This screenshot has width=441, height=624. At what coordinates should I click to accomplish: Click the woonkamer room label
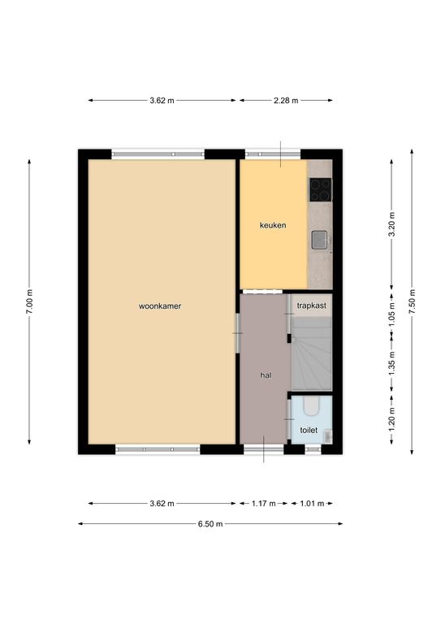160,306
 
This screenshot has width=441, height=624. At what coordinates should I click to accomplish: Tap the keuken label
273,225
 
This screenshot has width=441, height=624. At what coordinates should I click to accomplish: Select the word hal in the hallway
266,375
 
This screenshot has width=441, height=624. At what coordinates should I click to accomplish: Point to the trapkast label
311,305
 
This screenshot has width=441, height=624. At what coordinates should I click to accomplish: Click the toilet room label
309,430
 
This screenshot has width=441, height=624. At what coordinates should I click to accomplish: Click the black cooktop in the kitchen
321,190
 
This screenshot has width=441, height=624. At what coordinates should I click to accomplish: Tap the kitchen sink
319,240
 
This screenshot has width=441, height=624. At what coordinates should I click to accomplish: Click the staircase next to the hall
312,353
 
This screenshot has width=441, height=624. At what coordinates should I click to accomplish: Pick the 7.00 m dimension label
29,301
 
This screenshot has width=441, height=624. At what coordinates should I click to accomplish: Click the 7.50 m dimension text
412,301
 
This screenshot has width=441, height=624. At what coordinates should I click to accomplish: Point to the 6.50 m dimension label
210,524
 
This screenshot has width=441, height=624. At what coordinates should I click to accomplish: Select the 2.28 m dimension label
286,101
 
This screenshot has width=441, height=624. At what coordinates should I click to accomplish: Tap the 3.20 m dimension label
391,224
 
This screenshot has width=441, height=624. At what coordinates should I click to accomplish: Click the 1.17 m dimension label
264,504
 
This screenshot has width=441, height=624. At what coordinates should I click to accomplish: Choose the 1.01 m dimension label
312,504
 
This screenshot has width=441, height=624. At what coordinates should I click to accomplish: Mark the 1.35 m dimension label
391,363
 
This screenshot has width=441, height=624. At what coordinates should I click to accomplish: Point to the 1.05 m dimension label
391,314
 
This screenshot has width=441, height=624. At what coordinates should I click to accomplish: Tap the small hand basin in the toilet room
328,436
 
